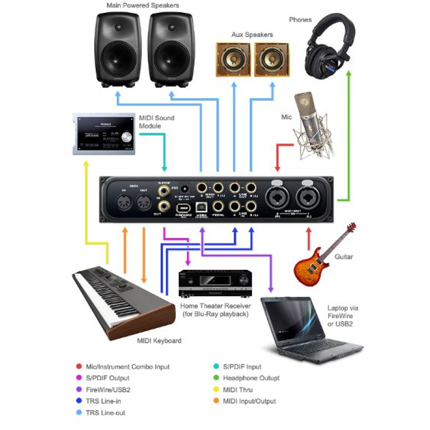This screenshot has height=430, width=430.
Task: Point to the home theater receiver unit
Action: (x=215, y=284)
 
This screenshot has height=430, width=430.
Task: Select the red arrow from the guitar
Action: (x=309, y=239)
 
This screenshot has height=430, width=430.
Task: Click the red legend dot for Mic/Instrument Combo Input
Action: (x=80, y=367)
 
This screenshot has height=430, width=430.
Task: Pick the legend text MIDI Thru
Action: (x=237, y=390)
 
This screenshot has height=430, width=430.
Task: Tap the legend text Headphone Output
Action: (x=250, y=378)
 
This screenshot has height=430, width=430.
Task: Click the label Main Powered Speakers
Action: (x=143, y=6)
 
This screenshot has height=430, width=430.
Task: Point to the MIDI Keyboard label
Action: (x=159, y=341)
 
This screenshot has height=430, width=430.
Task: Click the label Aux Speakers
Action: (x=252, y=35)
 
